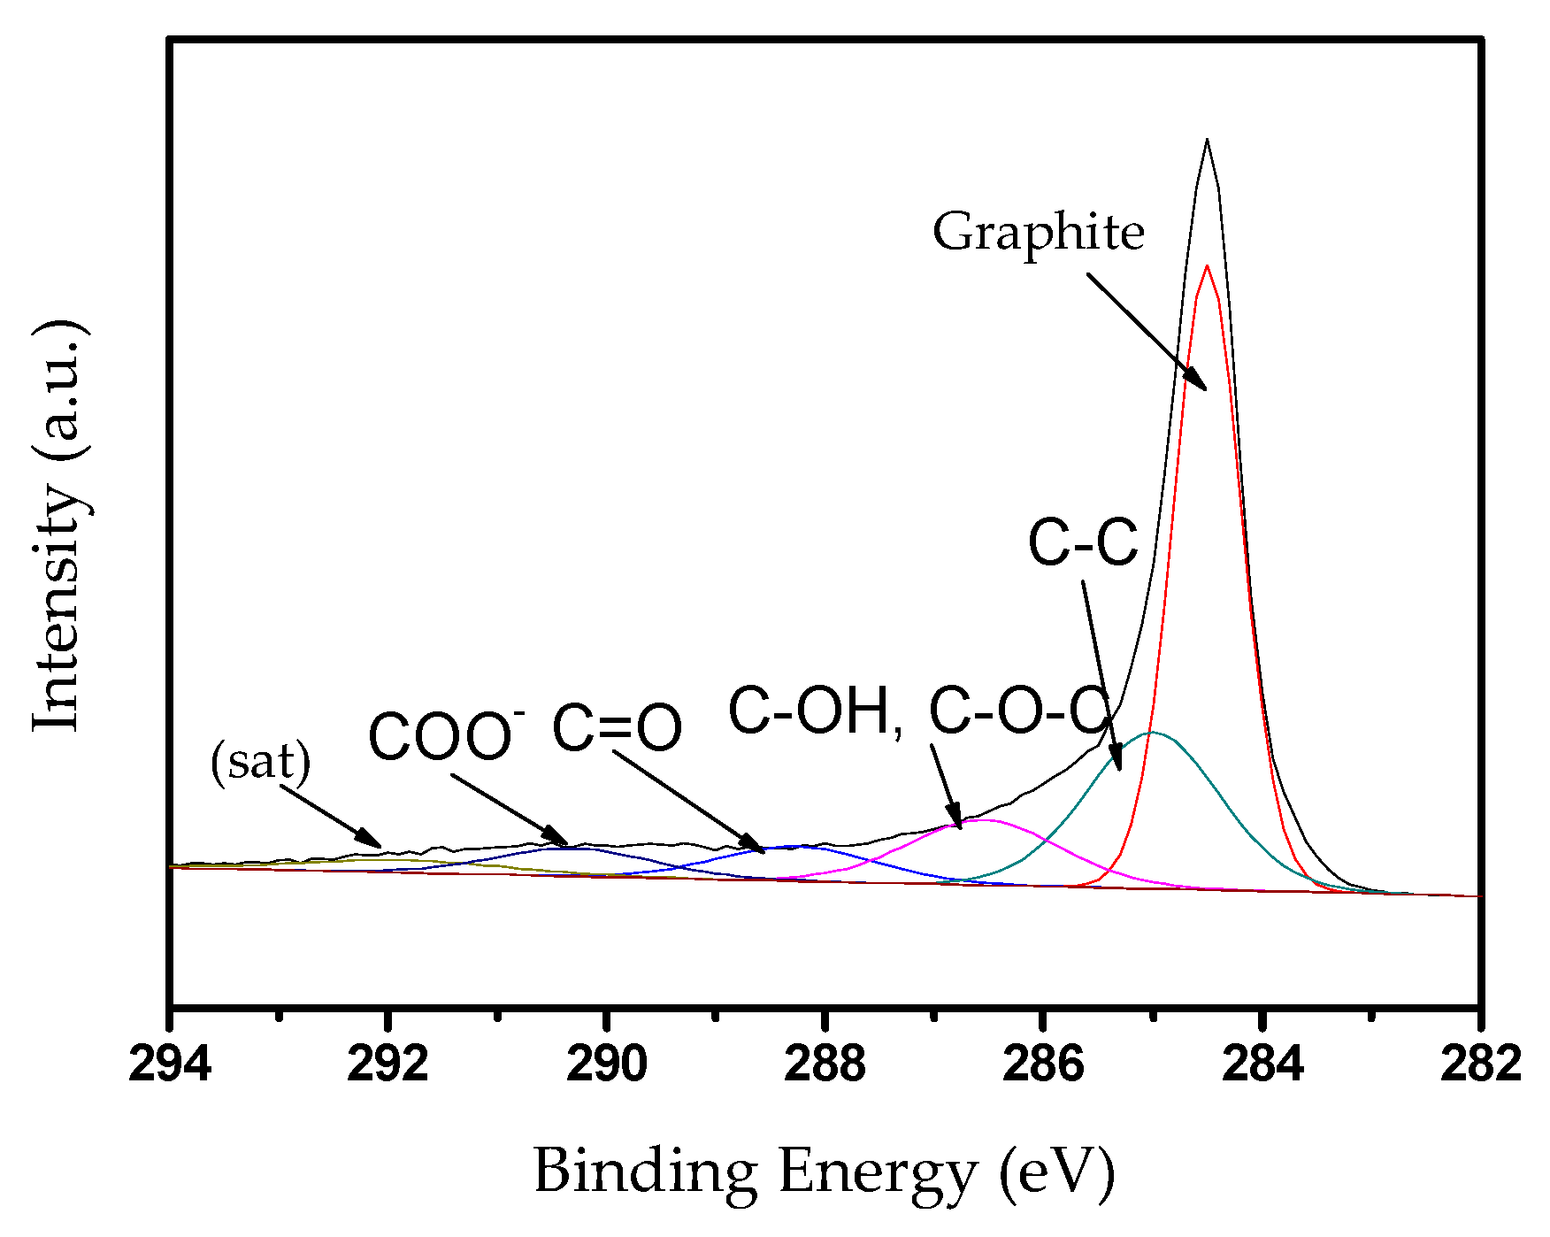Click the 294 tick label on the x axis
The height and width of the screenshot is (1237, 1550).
tap(170, 1064)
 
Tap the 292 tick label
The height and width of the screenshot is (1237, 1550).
tap(387, 1064)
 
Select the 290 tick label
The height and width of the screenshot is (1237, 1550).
tap(606, 1064)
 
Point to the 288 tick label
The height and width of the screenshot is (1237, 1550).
tap(825, 1064)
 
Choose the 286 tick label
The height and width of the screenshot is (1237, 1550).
tap(1043, 1064)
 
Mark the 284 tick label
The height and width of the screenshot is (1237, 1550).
tap(1262, 1064)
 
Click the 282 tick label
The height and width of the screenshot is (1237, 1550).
tap(1480, 1064)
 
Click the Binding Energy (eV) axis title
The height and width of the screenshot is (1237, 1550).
tap(824, 1172)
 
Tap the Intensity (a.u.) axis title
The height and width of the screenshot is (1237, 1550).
tap(60, 526)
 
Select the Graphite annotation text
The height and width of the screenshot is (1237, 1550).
tap(1039, 232)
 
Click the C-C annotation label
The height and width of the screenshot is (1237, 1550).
tap(1083, 542)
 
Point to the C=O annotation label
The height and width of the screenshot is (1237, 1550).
tap(617, 728)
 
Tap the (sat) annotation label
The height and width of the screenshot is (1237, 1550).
tap(261, 761)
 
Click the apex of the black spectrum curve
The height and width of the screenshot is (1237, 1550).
tap(1207, 139)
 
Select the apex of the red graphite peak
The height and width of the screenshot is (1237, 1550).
tap(1207, 265)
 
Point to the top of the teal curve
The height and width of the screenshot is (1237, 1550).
tap(1151, 732)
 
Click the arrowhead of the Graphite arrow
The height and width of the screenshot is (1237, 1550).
tap(1204, 388)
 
